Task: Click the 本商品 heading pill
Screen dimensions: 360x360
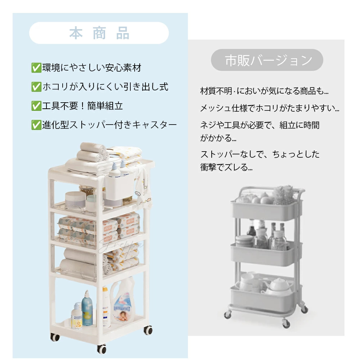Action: [99, 33]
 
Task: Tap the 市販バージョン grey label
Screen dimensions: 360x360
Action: [267, 60]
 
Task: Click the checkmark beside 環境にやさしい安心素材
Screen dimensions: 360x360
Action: [36, 67]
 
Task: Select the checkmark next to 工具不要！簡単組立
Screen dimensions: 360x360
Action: [36, 106]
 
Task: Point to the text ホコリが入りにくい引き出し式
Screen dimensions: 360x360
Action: [105, 87]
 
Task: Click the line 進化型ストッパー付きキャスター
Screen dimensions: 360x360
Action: [109, 125]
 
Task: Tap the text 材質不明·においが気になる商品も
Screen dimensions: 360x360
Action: [264, 91]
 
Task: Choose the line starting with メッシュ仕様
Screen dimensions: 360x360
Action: [270, 108]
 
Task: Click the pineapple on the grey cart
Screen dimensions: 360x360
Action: [282, 195]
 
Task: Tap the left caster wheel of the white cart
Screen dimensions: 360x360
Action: [55, 337]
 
